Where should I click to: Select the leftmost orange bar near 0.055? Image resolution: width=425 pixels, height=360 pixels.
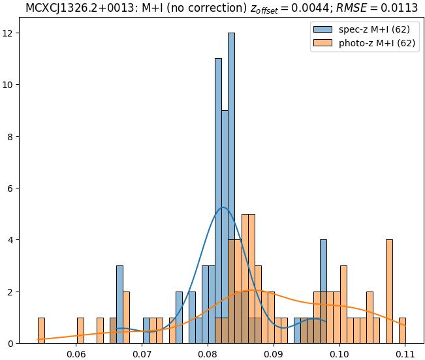41,331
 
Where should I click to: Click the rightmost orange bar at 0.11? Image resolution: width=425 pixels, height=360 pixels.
402,331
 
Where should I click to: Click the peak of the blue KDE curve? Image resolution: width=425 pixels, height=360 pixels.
223,207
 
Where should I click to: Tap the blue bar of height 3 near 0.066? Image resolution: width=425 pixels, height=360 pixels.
119,305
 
